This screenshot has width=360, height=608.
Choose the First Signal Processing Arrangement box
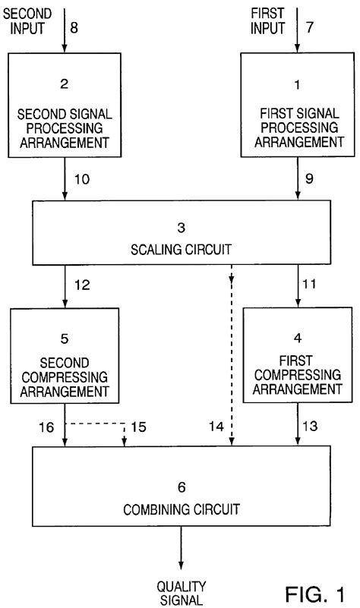point(292,106)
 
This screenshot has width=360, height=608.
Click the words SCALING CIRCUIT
point(180,248)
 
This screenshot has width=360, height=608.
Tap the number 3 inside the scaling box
point(181,227)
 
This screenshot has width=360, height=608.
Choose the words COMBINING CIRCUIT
point(180,506)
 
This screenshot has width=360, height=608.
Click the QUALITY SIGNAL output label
point(181,593)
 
